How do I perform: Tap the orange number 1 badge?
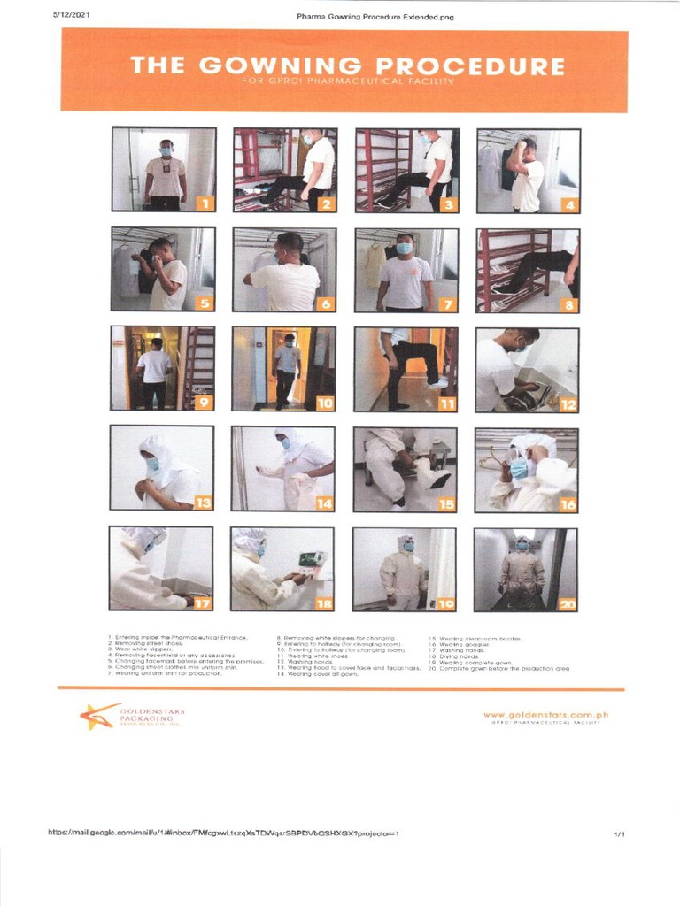[205, 203]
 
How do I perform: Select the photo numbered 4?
[529, 170]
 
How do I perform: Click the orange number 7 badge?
[449, 304]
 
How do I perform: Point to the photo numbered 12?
[528, 369]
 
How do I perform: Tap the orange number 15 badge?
[445, 504]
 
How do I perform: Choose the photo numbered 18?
[282, 569]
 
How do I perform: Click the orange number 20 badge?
[567, 604]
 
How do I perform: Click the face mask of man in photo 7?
[404, 249]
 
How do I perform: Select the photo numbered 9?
[163, 369]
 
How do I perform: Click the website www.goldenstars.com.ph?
[546, 714]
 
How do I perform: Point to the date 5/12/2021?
[73, 15]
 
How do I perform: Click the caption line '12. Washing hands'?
[309, 663]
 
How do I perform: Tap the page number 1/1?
[619, 833]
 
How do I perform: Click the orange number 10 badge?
[325, 404]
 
